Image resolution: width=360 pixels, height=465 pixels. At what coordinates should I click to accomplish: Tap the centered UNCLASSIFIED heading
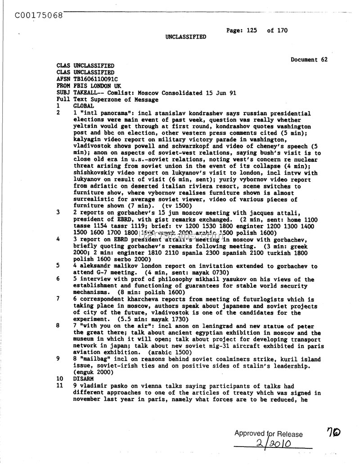[186, 37]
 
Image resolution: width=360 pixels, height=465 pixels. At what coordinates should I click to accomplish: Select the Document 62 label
[309, 59]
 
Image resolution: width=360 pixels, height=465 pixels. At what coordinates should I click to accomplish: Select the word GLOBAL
[83, 106]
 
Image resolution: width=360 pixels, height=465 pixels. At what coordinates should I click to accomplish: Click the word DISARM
[83, 379]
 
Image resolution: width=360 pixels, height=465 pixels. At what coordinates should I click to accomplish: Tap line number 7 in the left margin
[58, 299]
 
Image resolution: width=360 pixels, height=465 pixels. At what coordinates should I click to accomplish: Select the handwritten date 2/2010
[270, 444]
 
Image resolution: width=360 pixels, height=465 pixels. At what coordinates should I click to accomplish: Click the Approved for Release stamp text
[268, 434]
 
